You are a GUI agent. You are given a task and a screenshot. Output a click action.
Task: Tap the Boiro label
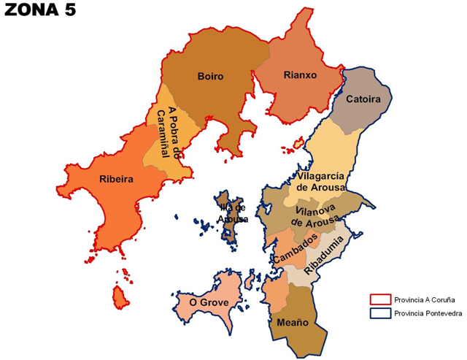[210, 76]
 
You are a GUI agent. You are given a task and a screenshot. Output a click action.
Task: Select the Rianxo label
[298, 74]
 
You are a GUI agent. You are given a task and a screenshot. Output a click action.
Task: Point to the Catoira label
[364, 99]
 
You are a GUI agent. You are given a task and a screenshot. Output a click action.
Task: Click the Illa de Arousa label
[233, 213]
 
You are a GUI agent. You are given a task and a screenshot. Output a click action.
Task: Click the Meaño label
[293, 322]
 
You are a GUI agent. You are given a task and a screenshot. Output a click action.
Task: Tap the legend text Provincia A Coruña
[422, 299]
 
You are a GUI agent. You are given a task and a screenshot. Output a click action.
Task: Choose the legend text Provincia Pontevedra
[427, 313]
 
